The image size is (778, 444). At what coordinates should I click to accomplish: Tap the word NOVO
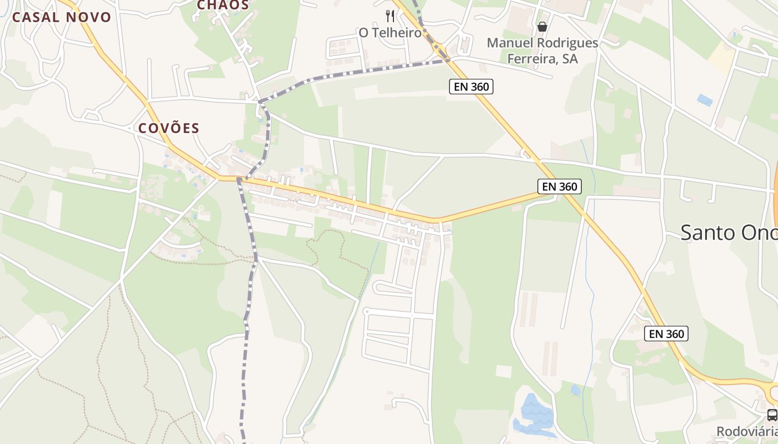(x=89, y=17)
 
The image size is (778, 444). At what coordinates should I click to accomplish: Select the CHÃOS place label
(x=223, y=5)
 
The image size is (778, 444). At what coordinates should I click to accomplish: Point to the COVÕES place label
(x=168, y=128)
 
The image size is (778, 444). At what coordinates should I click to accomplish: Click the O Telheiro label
(x=390, y=33)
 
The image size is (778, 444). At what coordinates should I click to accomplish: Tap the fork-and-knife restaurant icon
(x=390, y=16)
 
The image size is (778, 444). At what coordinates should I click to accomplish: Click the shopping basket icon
(x=542, y=27)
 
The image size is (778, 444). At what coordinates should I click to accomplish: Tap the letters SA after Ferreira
(x=570, y=58)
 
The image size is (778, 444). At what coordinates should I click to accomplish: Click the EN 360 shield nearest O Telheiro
(x=471, y=86)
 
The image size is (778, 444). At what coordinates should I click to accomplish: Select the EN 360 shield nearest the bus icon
(x=666, y=334)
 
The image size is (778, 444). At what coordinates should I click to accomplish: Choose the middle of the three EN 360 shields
(x=560, y=186)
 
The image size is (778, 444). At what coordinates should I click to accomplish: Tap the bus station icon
(x=772, y=415)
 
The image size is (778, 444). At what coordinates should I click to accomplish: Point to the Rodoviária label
(x=747, y=431)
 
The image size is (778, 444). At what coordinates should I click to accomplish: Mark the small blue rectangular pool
(x=705, y=100)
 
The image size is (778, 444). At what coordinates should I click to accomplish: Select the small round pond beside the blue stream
(x=576, y=390)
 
